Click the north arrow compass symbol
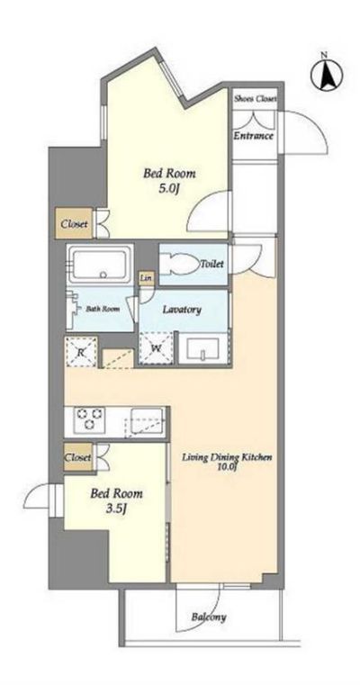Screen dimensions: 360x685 pyautogui.click(x=327, y=74)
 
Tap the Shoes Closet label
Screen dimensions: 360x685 pyautogui.click(x=255, y=99)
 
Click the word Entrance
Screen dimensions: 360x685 pyautogui.click(x=254, y=136)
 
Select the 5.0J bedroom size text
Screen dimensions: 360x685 pyautogui.click(x=170, y=190)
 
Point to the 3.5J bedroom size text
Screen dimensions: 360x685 pyautogui.click(x=116, y=509)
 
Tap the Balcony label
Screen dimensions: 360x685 pyautogui.click(x=209, y=617)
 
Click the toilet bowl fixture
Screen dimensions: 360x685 pyautogui.click(x=178, y=265)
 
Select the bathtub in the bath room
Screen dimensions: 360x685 pyautogui.click(x=100, y=265)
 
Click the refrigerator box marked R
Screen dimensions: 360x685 pyautogui.click(x=81, y=352)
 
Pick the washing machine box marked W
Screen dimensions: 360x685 pyautogui.click(x=156, y=348)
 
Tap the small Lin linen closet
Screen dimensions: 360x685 pyautogui.click(x=146, y=278)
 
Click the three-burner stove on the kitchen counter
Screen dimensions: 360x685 pyautogui.click(x=90, y=419)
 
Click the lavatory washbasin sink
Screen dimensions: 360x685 pyautogui.click(x=203, y=348)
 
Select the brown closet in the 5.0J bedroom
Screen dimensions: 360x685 pyautogui.click(x=74, y=223)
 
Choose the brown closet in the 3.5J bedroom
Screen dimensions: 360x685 pyautogui.click(x=78, y=457)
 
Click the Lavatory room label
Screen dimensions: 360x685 pyautogui.click(x=182, y=311)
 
